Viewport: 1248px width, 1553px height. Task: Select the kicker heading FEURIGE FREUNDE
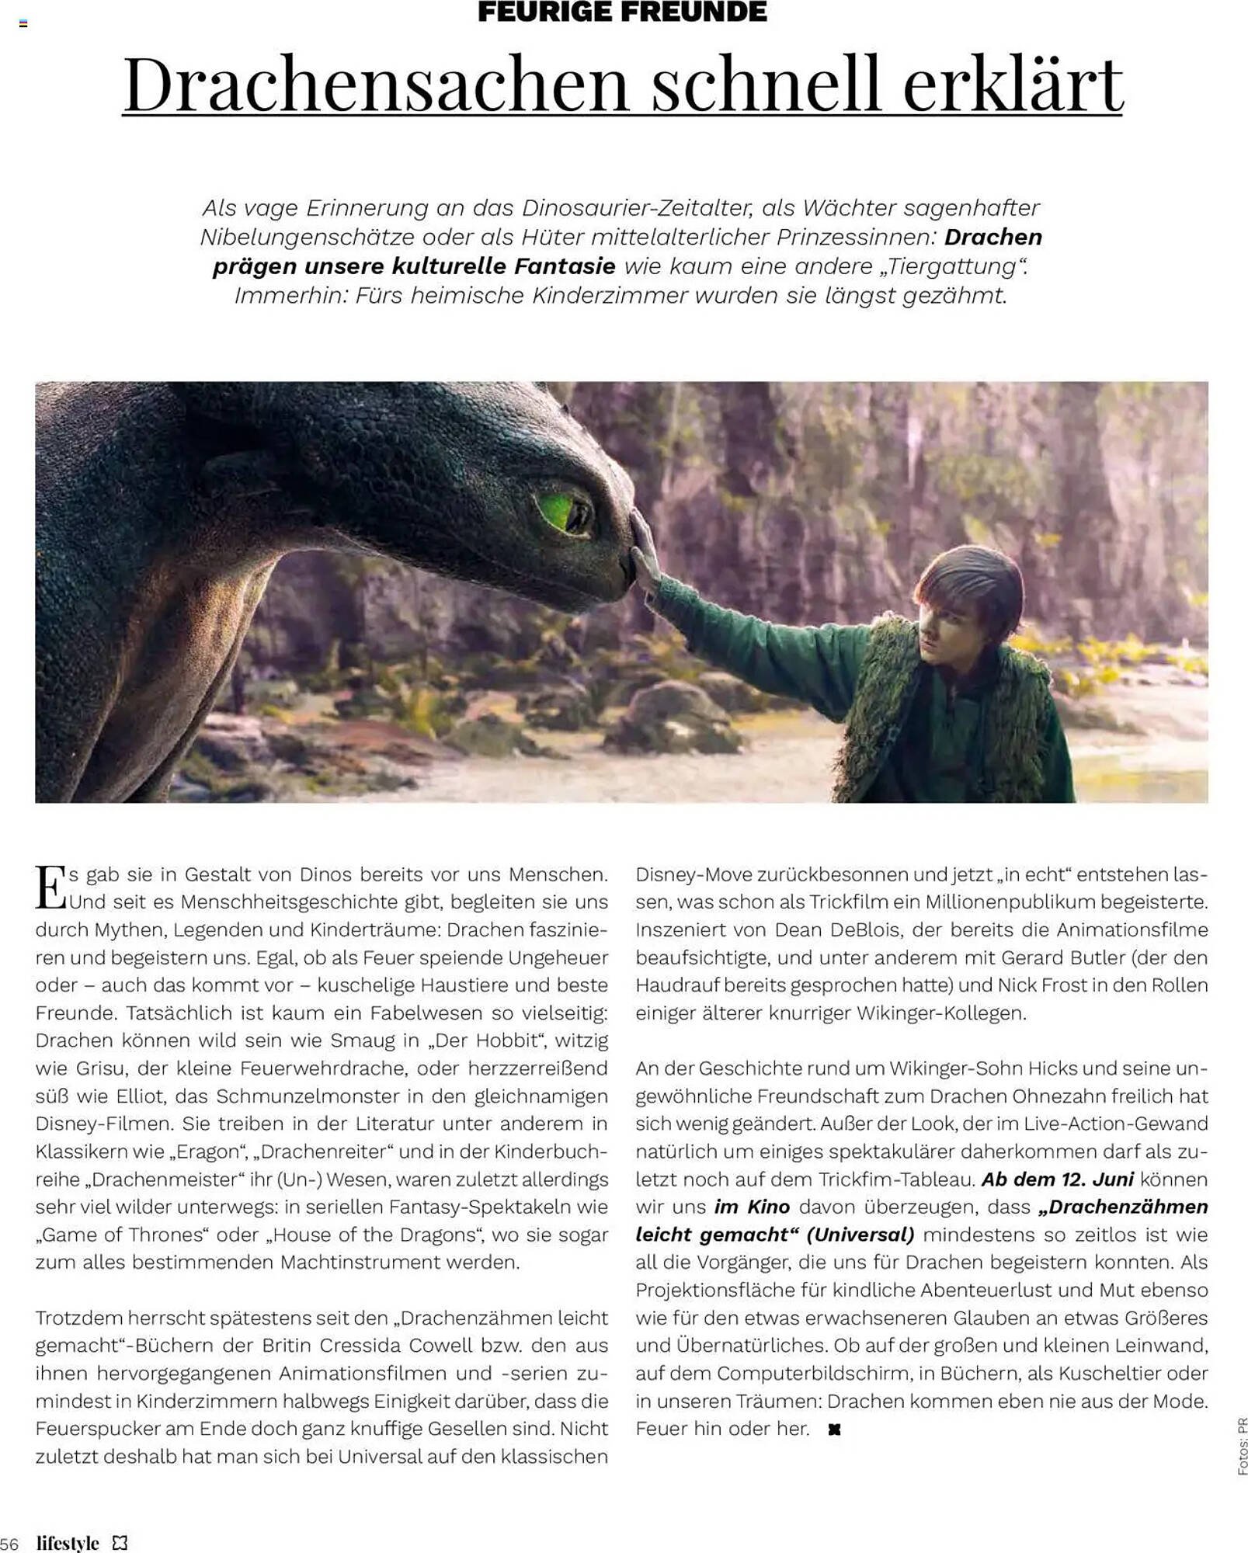tap(622, 12)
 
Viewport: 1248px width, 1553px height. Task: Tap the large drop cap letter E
tap(50, 888)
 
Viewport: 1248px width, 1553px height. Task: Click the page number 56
tap(9, 1543)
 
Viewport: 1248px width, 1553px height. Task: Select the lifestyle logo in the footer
tap(68, 1542)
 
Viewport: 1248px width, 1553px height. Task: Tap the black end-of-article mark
tap(835, 1430)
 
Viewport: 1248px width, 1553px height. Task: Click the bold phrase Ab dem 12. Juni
tap(1058, 1180)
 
